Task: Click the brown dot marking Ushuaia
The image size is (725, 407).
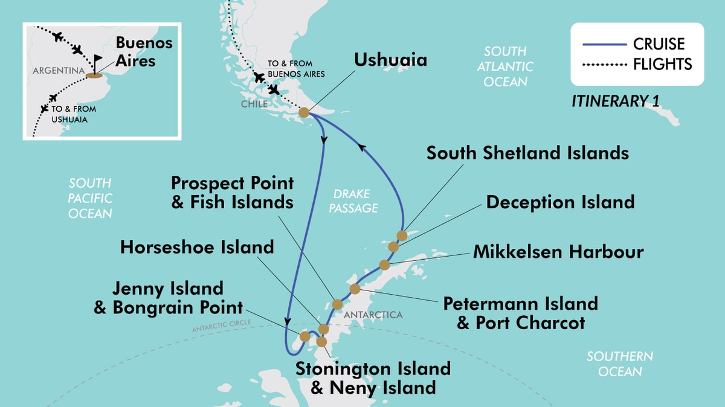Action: point(304,112)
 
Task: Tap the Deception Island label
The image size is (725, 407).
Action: point(560,202)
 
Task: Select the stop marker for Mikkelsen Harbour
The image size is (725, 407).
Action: point(384,264)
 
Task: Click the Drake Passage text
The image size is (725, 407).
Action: point(355,201)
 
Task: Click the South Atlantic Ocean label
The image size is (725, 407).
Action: point(505,66)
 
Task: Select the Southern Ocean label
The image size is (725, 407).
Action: point(620,364)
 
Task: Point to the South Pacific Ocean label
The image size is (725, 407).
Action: point(90,198)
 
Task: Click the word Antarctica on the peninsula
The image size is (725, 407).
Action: point(373,315)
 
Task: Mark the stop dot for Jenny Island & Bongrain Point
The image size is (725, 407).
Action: point(304,335)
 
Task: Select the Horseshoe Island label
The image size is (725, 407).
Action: point(197,246)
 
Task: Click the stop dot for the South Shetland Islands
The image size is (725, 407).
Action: point(402,236)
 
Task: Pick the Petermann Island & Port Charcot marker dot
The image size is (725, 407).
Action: point(355,289)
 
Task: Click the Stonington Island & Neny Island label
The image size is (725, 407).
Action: point(373,377)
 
